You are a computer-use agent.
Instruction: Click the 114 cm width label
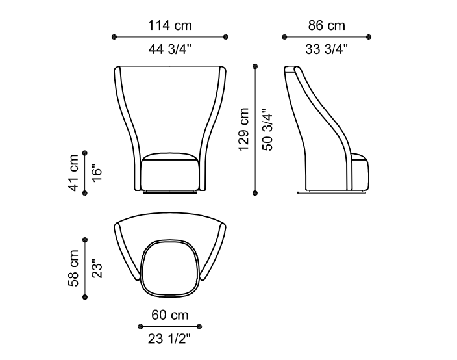pyautogui.click(x=170, y=25)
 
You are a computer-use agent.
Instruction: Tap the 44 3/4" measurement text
pyautogui.click(x=170, y=49)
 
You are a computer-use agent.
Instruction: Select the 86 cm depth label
pyautogui.click(x=327, y=25)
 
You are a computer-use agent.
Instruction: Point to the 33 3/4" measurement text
pyautogui.click(x=327, y=49)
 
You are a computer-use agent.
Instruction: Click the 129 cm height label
pyautogui.click(x=243, y=129)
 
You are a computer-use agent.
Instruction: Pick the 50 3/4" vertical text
pyautogui.click(x=267, y=130)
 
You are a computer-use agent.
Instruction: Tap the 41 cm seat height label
pyautogui.click(x=73, y=173)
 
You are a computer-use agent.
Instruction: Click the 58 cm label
pyautogui.click(x=73, y=268)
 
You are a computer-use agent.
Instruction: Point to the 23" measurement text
pyautogui.click(x=97, y=268)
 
